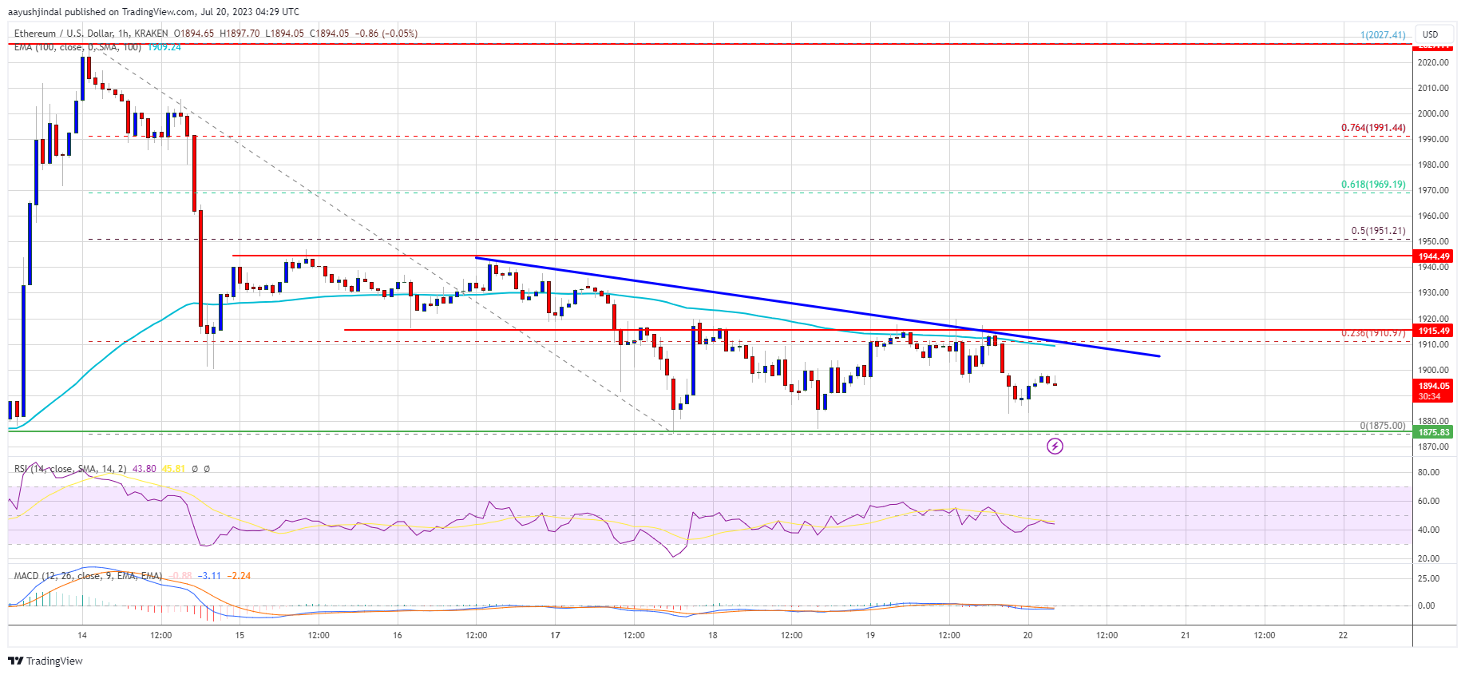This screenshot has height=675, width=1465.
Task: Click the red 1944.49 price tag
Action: (1433, 256)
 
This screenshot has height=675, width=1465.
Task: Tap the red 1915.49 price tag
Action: (1433, 331)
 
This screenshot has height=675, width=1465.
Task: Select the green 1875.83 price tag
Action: (1433, 432)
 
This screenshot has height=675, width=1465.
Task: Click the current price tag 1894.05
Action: (1433, 387)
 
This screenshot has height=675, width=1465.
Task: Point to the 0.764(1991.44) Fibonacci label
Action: (1373, 128)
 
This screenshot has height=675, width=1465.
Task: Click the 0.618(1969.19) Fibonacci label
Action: (1373, 185)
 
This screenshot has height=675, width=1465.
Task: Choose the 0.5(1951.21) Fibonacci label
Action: (1378, 231)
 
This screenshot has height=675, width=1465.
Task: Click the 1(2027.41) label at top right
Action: (1383, 35)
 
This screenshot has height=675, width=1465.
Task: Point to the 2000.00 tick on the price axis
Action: (1433, 113)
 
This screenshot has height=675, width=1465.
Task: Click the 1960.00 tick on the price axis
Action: (1433, 216)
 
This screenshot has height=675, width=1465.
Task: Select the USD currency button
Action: (1430, 34)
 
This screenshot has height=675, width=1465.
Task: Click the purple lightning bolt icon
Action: (1055, 446)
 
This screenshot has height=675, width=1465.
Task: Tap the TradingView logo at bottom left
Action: (46, 661)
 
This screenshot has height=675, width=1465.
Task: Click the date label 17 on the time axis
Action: (555, 636)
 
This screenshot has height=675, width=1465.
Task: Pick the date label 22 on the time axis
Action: (1343, 636)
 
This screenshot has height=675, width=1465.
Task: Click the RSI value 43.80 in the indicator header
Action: (144, 469)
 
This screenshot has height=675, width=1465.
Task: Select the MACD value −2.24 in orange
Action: (239, 576)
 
